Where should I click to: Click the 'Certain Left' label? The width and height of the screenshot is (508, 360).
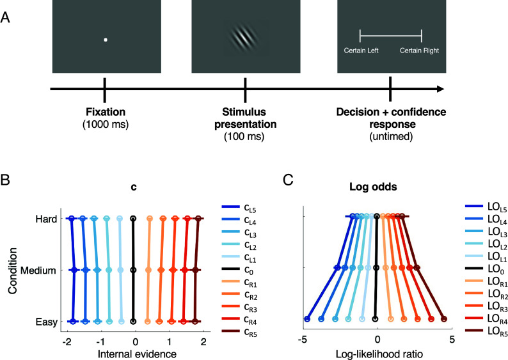pos(361,51)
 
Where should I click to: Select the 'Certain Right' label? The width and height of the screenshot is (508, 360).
pos(419,51)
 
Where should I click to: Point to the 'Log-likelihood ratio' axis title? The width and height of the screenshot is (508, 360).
pos(377,354)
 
